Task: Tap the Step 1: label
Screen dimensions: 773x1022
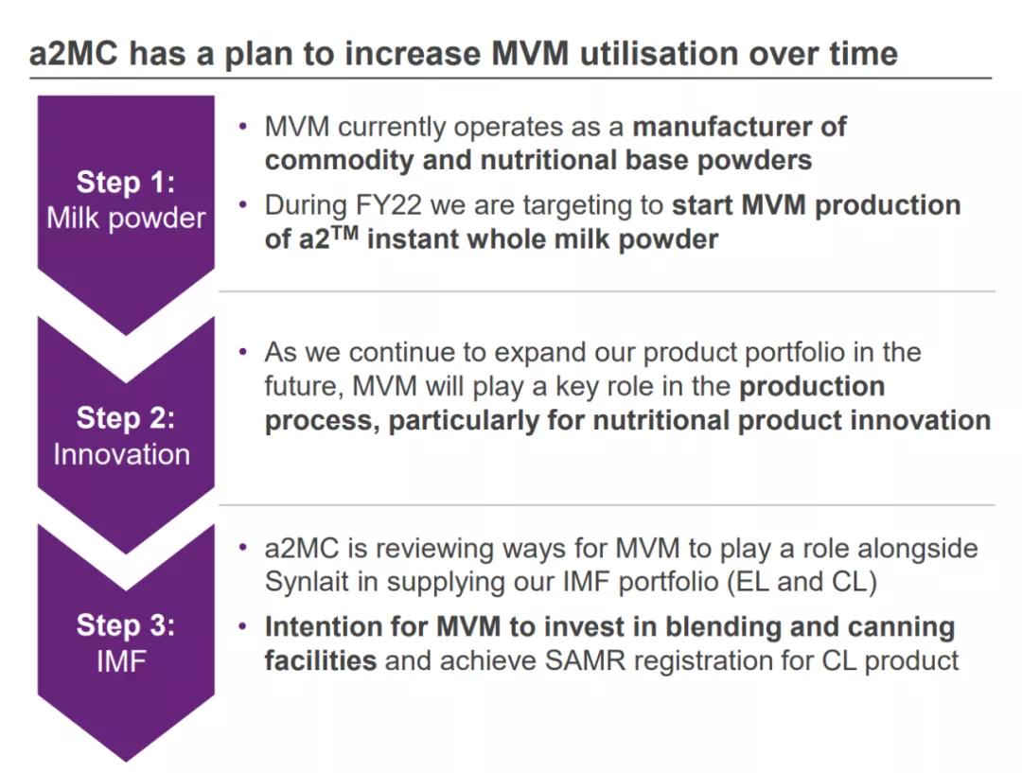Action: point(126,183)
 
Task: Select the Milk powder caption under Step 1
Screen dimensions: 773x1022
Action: point(126,218)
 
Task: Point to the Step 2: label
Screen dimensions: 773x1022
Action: point(126,417)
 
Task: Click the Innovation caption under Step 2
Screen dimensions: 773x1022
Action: point(122,454)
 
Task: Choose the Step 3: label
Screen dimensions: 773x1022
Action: point(126,625)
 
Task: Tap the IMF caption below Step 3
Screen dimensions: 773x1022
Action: point(122,661)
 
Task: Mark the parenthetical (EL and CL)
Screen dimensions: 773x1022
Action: point(802,583)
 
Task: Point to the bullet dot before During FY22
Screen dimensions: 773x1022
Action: point(245,204)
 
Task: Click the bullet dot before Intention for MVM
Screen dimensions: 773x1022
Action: point(245,625)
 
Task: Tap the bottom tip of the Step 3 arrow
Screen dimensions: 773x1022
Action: point(126,759)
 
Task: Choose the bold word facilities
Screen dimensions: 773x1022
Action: point(321,660)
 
